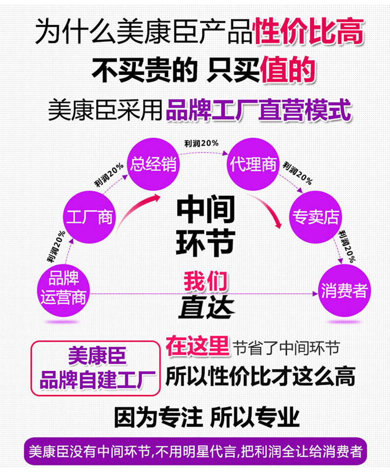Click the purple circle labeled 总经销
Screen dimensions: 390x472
pos(153,164)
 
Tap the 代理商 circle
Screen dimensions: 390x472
pos(253,164)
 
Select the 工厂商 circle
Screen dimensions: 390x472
pos(89,217)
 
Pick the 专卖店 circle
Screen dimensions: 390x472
pos(315,217)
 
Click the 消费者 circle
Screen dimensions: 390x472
pos(344,290)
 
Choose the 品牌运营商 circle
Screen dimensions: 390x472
pos(63,290)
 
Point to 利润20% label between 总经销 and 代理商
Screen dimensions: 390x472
pos(201,144)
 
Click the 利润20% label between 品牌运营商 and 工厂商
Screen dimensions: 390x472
pos(56,246)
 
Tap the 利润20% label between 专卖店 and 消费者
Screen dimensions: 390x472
pos(347,247)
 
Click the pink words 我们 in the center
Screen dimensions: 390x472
pos(206,281)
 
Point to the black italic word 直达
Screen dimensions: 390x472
pos(207,307)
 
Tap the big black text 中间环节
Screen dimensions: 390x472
pos(205,226)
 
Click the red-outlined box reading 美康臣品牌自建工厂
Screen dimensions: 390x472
pos(95,368)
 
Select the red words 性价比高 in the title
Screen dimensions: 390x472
pos(309,31)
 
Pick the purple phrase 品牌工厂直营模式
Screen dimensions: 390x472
pos(259,110)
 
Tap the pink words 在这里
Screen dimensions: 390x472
pos(197,346)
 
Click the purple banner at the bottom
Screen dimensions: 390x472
pos(195,451)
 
